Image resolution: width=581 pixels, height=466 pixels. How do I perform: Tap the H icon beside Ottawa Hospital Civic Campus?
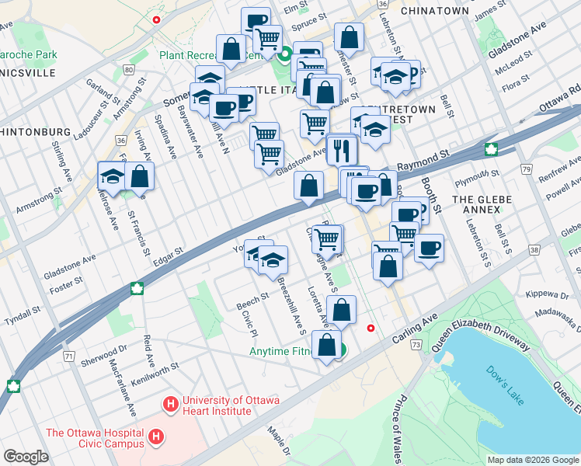point(156,438)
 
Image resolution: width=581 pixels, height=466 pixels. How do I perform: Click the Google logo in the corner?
point(26,456)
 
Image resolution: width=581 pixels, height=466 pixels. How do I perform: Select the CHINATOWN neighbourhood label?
point(434,11)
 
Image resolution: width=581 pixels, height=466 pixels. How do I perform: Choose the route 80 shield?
point(126,70)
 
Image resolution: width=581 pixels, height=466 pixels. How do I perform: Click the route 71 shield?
point(69,356)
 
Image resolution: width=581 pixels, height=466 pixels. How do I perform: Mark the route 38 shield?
point(534,250)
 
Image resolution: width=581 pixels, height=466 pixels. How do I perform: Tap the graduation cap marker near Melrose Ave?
point(113,177)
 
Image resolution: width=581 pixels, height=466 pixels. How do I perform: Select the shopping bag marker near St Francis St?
point(139,176)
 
